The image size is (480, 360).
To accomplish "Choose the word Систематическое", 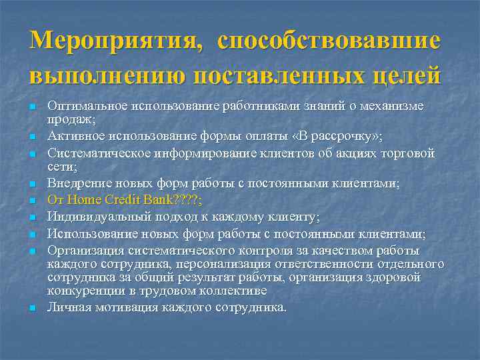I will coord(96,153).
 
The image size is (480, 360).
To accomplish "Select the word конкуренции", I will coord(84,291).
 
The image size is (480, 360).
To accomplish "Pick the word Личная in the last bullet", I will coord(67,307).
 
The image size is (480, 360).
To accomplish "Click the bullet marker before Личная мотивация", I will coord(32,309).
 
